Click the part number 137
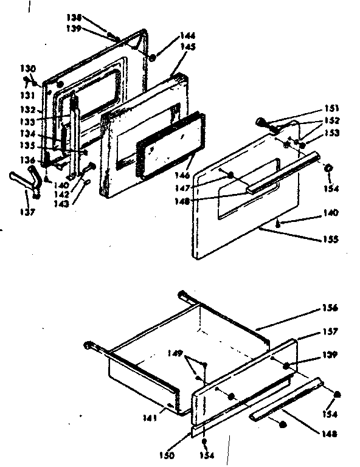click(30, 212)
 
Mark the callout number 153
click(332, 132)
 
